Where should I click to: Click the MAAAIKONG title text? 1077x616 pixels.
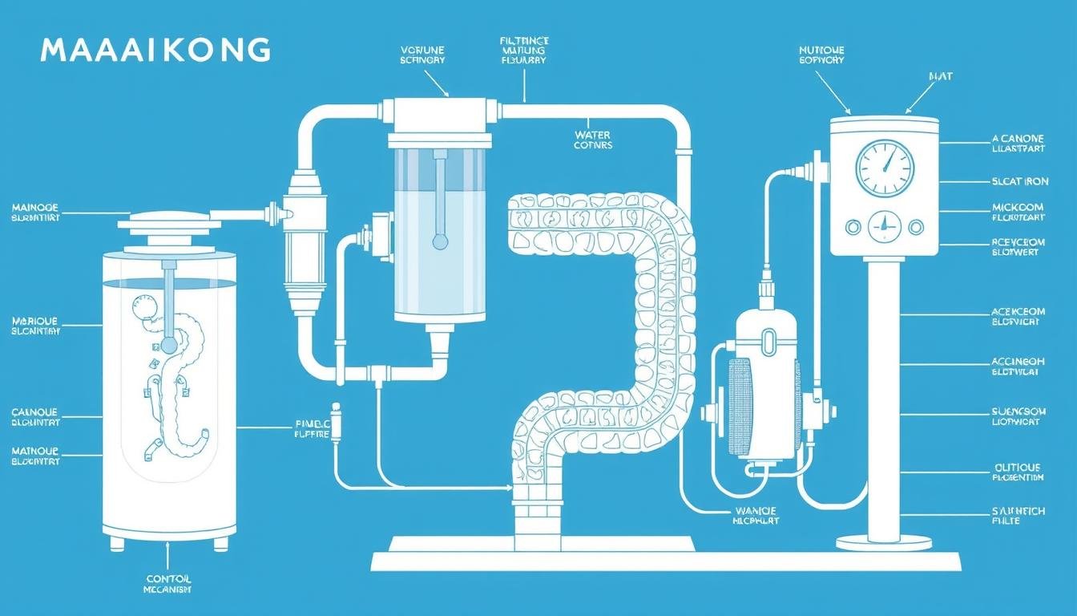click(x=155, y=51)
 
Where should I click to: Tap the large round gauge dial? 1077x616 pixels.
click(x=884, y=168)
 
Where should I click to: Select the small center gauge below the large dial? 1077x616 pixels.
click(x=884, y=226)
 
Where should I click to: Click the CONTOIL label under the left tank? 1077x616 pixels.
click(x=169, y=579)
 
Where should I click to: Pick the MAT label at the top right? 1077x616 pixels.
click(x=940, y=76)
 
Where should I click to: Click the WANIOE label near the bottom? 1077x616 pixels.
click(x=756, y=511)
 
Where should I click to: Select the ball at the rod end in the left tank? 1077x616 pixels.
click(x=169, y=345)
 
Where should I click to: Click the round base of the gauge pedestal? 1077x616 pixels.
click(x=884, y=543)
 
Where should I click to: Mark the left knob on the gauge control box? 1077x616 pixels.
click(x=853, y=227)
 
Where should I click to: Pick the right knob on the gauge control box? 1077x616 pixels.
click(x=916, y=227)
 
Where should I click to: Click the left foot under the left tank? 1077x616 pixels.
click(x=117, y=544)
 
